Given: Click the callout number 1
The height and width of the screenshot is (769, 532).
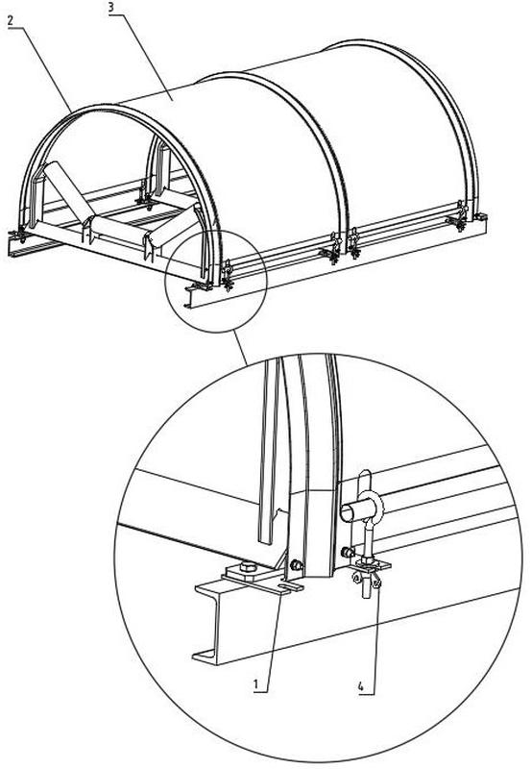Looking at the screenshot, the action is [x=256, y=683].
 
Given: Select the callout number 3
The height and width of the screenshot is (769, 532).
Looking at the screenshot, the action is [x=112, y=9].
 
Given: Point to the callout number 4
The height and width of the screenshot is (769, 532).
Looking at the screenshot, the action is [x=361, y=686].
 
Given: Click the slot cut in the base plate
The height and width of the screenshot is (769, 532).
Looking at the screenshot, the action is [x=289, y=585].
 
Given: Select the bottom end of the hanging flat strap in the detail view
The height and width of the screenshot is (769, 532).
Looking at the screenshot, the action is [x=265, y=540].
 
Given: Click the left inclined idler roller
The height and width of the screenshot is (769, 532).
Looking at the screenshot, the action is [x=65, y=191].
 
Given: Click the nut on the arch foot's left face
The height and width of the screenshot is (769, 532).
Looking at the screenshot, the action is [x=296, y=565].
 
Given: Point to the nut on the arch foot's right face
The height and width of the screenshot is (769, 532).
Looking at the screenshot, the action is [x=347, y=552].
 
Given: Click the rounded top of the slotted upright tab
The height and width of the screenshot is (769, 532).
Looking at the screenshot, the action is [x=366, y=475].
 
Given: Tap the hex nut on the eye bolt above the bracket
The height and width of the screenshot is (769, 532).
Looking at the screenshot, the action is [x=368, y=559].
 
